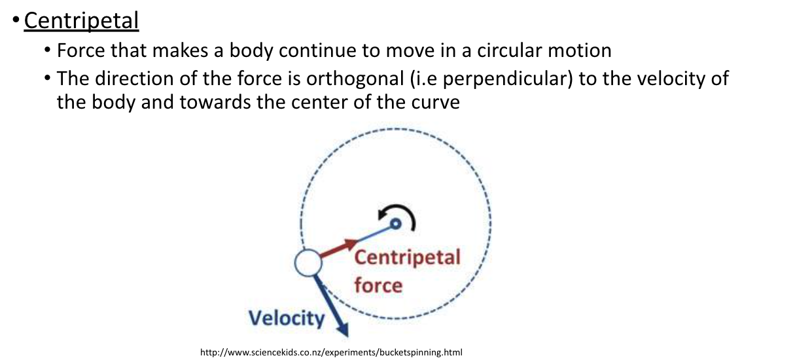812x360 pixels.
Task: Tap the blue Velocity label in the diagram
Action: (x=286, y=318)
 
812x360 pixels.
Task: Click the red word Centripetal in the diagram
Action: (x=407, y=257)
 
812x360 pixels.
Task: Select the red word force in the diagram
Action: (x=378, y=285)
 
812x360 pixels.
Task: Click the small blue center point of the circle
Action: (x=395, y=225)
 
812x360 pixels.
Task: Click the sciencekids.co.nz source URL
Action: (x=331, y=352)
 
